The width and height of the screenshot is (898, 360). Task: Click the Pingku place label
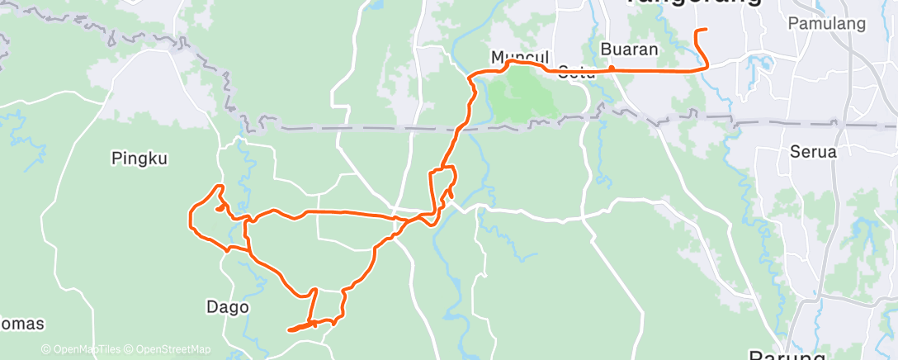135,159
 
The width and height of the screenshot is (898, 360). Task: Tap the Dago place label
227,307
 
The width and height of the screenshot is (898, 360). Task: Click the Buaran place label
630,50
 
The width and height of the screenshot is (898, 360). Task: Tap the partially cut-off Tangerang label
693,3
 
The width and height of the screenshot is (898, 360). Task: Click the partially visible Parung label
787,355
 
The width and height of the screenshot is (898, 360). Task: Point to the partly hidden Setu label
577,70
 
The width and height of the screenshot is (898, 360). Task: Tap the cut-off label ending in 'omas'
21,324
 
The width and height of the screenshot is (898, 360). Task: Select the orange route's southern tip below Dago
290,330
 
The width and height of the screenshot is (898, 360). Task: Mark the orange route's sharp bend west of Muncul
470,77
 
